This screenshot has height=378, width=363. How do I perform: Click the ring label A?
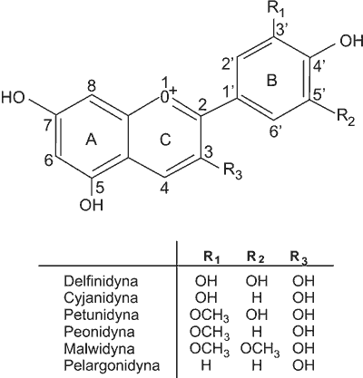tap(91, 140)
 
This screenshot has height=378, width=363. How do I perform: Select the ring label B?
tap(271, 81)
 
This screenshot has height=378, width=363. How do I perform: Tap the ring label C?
tap(165, 140)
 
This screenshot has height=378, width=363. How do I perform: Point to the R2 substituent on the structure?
tap(346, 118)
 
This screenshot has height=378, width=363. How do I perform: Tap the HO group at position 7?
tap(13, 98)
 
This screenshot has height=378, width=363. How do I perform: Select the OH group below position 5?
tap(92, 205)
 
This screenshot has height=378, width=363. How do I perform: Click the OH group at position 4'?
tap(351, 41)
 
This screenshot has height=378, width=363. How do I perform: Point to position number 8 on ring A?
tap(92, 87)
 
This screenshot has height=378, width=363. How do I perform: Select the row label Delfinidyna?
tap(101, 281)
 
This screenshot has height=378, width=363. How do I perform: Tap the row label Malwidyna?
tap(99, 349)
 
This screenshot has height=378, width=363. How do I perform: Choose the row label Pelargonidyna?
tap(112, 366)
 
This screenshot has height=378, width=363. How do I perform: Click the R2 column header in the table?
tap(256, 257)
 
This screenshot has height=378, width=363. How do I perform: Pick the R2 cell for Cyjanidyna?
tap(257, 298)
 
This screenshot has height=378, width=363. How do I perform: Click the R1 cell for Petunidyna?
tap(209, 315)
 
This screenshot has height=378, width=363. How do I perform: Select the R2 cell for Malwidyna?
tap(260, 350)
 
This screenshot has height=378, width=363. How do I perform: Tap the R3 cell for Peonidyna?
tap(303, 332)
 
